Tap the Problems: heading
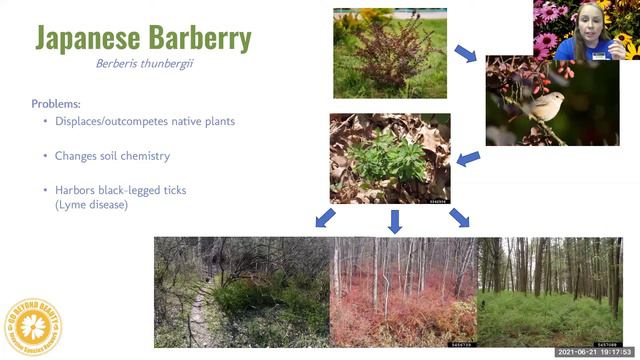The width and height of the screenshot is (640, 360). point(59,104)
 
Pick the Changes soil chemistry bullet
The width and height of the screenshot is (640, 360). point(105,157)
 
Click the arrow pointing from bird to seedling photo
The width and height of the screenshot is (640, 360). point(467,158)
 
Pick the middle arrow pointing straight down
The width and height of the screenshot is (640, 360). point(395,220)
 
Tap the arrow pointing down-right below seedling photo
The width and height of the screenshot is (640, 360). point(460,218)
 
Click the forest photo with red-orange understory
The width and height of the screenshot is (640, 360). point(403,292)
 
